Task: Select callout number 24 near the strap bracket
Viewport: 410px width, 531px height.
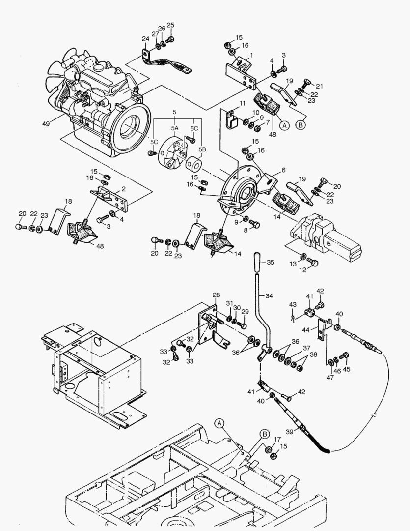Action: click(x=145, y=39)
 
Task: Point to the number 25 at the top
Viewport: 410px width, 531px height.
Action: click(x=170, y=25)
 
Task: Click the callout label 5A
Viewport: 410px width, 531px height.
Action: click(x=174, y=128)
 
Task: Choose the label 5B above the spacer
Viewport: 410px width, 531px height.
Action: click(x=202, y=148)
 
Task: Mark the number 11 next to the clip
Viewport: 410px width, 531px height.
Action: click(x=242, y=104)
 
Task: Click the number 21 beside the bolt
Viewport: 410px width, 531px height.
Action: click(x=320, y=86)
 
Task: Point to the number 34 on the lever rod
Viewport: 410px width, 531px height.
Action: click(x=268, y=296)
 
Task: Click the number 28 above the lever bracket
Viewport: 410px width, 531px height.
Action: click(x=216, y=295)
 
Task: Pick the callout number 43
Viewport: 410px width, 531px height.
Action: click(x=293, y=305)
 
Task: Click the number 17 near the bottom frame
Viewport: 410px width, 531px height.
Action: click(x=277, y=439)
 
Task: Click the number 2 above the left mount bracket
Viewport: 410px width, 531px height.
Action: click(x=124, y=189)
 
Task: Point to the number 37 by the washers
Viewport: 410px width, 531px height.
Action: click(x=306, y=348)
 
